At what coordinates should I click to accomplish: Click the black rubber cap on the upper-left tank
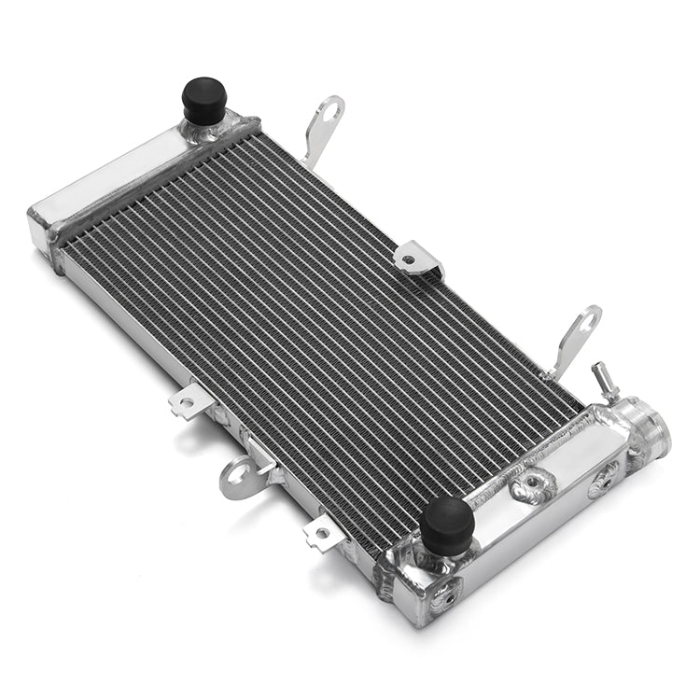tap(204, 97)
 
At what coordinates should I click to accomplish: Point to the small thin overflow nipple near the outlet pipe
tap(601, 376)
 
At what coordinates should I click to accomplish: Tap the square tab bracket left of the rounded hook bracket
tap(187, 402)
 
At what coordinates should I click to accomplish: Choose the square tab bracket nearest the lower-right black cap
tap(321, 532)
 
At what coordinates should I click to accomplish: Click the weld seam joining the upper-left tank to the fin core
tap(149, 187)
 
